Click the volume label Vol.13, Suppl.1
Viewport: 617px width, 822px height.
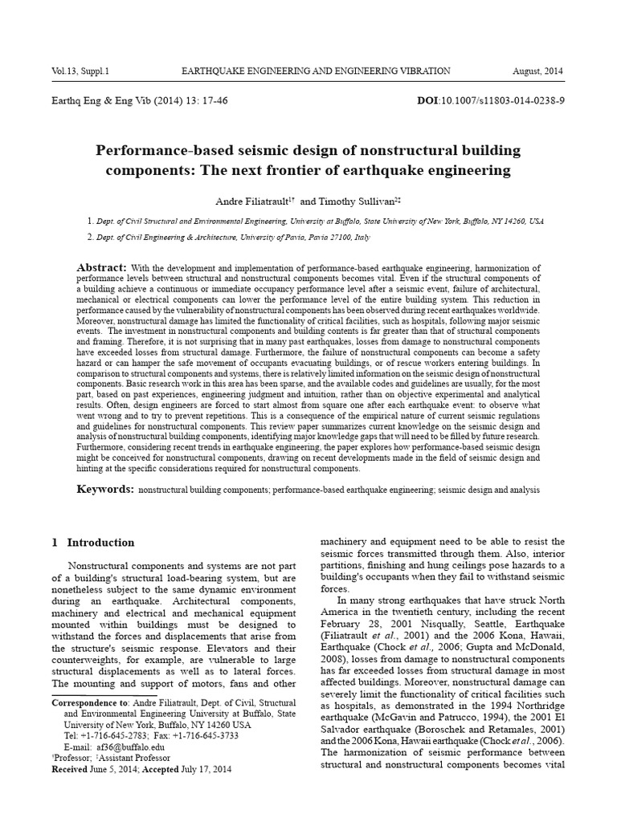80,71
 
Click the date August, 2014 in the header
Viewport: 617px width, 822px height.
538,71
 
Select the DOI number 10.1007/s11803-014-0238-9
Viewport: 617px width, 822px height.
510,101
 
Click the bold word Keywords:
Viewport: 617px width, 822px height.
105,489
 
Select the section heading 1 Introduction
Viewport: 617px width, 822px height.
93,543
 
